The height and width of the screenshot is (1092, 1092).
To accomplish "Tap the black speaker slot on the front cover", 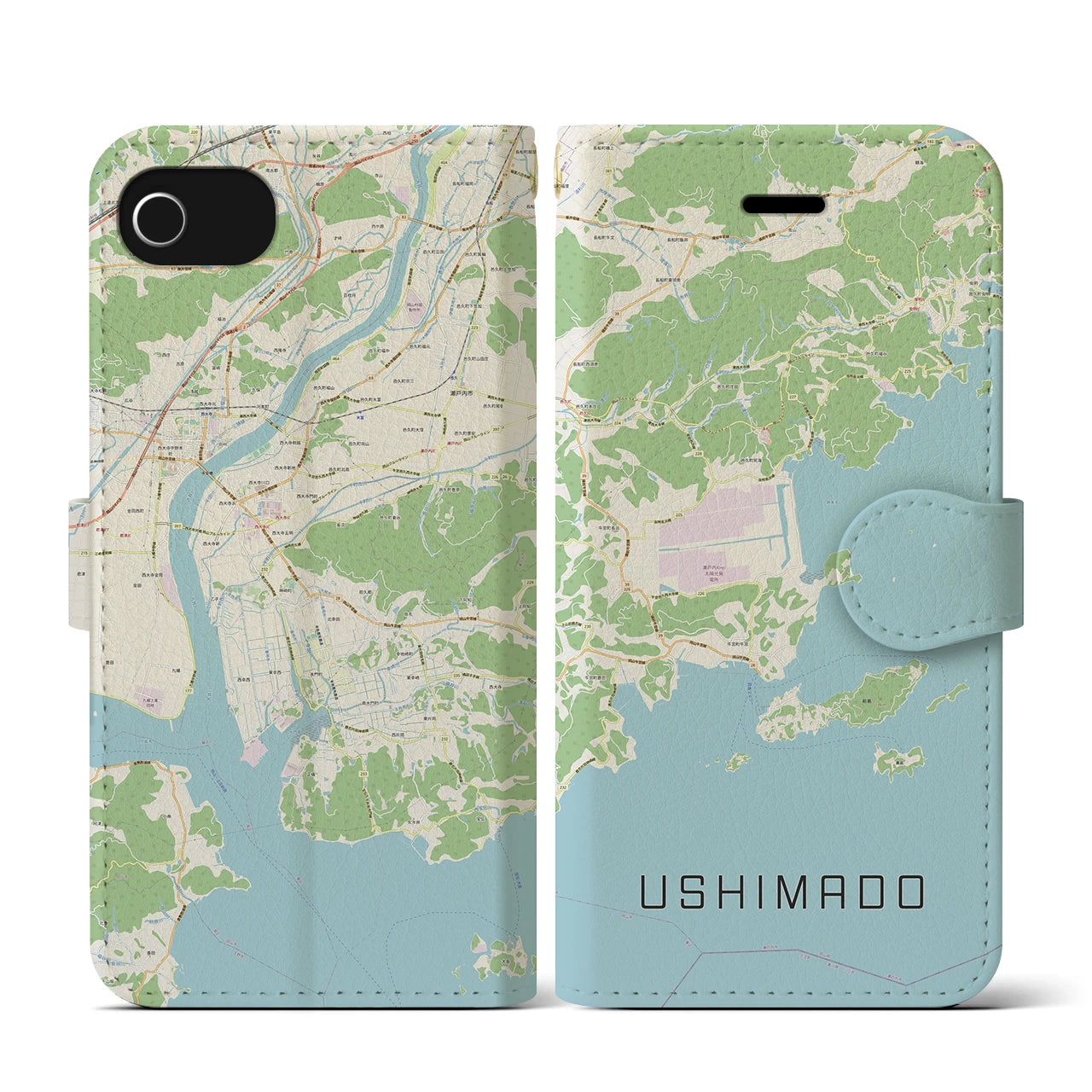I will click(784, 205).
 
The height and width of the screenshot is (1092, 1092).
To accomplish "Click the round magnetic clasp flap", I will click(913, 565).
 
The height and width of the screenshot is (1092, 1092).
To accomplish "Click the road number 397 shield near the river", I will click(177, 526).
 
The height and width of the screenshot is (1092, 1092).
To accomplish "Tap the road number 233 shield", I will click(363, 775).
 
